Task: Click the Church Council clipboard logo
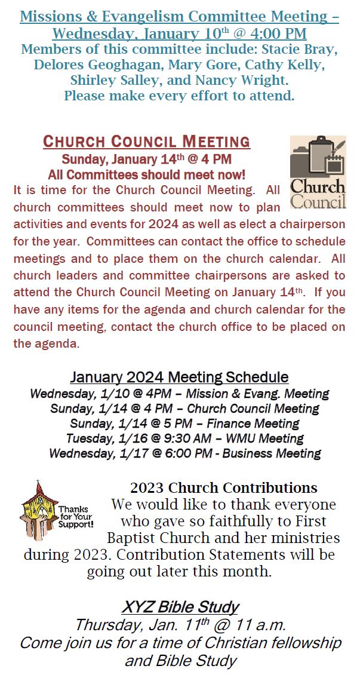pos(318,172)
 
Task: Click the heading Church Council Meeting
pos(146,142)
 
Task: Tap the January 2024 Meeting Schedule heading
pos(179,378)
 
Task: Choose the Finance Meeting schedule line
pos(184,424)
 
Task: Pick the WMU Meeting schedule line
pos(184,438)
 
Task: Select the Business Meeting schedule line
pos(184,453)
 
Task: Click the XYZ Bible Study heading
pos(180,607)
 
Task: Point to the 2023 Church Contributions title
pos(223,487)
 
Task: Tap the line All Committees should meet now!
pos(146,175)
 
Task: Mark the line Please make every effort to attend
pos(179,95)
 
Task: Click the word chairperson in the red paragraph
pos(313,225)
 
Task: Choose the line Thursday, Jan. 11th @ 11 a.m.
pos(180,625)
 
